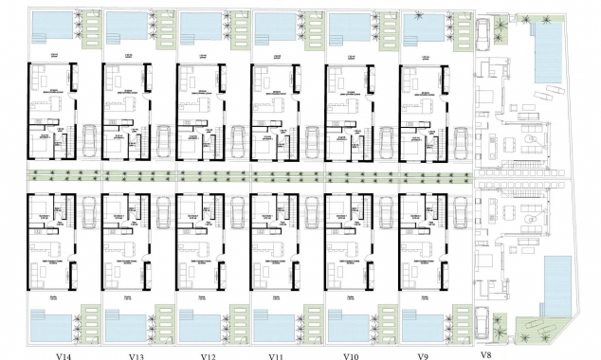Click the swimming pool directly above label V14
click(49, 323)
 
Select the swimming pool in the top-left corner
click(49, 27)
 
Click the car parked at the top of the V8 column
click(483, 37)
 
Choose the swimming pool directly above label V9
click(420, 323)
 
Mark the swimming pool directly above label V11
click(272, 323)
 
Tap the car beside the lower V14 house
click(90, 213)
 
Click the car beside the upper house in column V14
click(90, 143)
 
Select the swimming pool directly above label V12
click(197, 323)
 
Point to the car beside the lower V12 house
click(238, 213)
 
